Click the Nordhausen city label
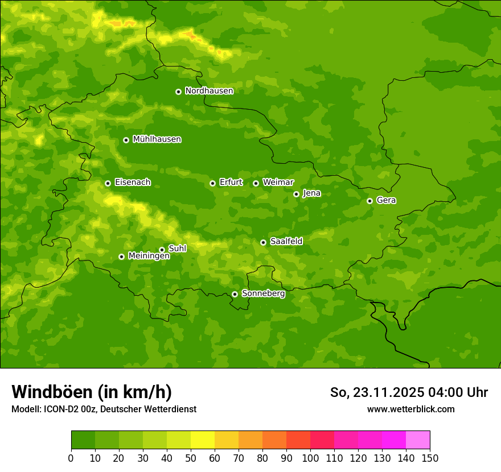[209, 91]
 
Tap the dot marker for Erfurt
[212, 183]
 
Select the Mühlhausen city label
[157, 139]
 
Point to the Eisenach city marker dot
[108, 183]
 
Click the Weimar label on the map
[278, 183]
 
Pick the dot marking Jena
[296, 194]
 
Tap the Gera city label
[386, 200]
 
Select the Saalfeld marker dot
[263, 242]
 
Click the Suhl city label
[177, 249]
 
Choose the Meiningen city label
[149, 256]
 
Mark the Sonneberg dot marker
[235, 294]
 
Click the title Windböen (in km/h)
[92, 392]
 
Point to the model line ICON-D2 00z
[104, 409]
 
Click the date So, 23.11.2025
[376, 392]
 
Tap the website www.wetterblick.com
[410, 409]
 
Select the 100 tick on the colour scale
[310, 458]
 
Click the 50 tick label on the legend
[191, 458]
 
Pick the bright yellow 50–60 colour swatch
[203, 440]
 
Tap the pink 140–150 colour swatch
[418, 440]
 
